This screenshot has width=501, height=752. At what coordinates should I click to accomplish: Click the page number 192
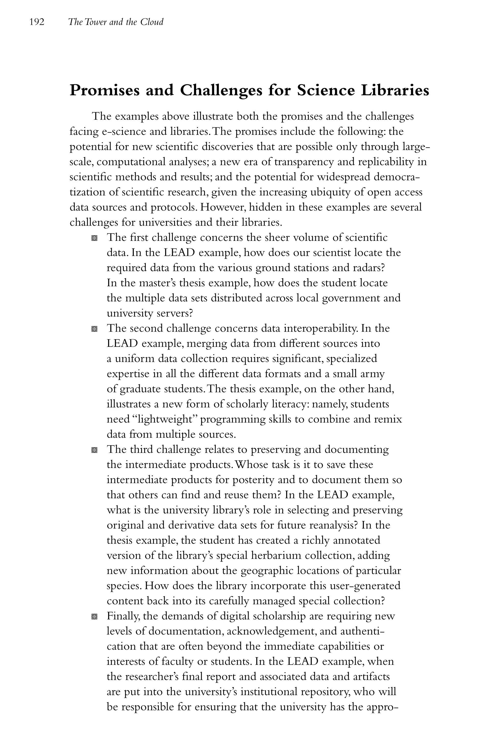point(36,22)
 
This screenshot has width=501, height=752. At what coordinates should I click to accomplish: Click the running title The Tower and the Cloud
point(116,22)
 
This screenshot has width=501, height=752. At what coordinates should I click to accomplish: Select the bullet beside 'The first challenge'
point(94,238)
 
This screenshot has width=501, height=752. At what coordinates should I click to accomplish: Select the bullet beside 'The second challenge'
point(94,329)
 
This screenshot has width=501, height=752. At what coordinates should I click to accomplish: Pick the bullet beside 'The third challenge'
point(94,450)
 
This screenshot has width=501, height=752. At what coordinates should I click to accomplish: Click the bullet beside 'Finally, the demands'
point(94,616)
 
